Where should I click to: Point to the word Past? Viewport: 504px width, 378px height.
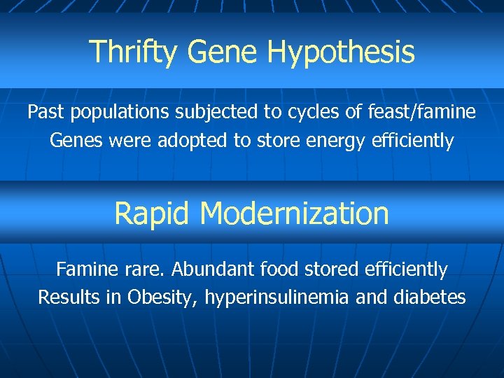(44, 111)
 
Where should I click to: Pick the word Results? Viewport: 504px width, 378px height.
(66, 297)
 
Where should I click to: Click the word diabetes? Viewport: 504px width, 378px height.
(430, 297)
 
